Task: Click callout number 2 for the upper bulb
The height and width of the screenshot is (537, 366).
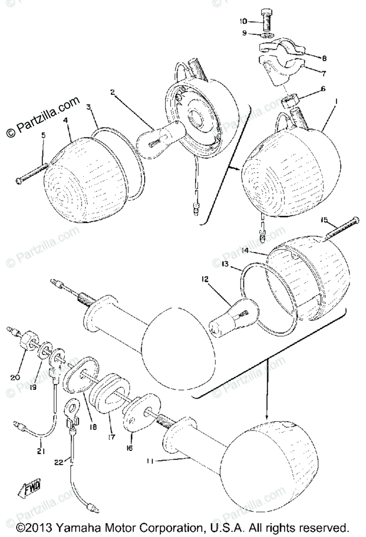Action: click(113, 93)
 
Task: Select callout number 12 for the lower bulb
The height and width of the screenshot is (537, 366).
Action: click(205, 280)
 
